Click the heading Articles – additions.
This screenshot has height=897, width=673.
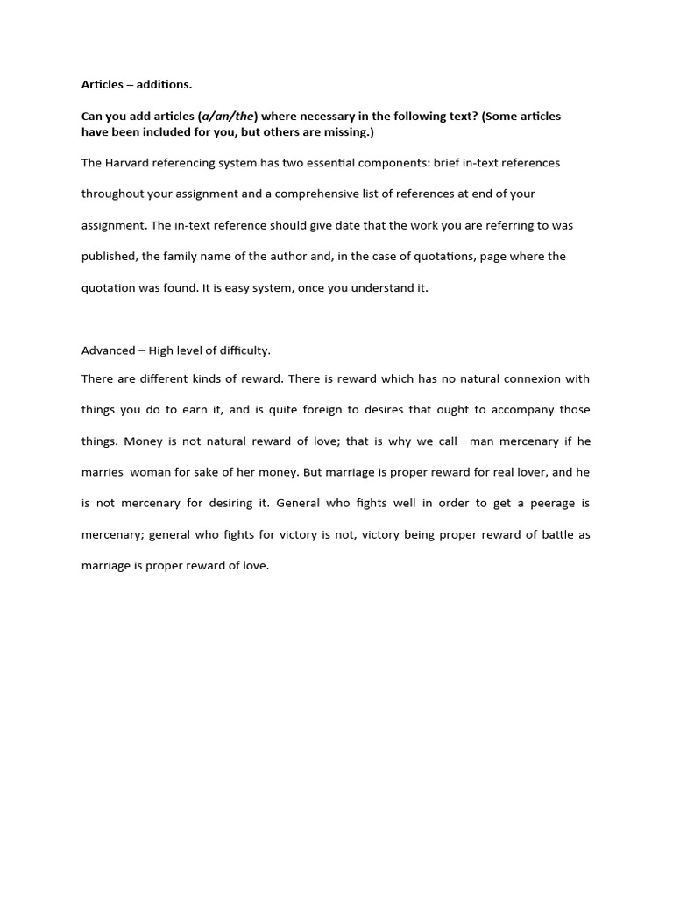(x=136, y=85)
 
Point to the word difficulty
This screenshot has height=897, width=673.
(x=243, y=350)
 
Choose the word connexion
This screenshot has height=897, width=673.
(x=522, y=379)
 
